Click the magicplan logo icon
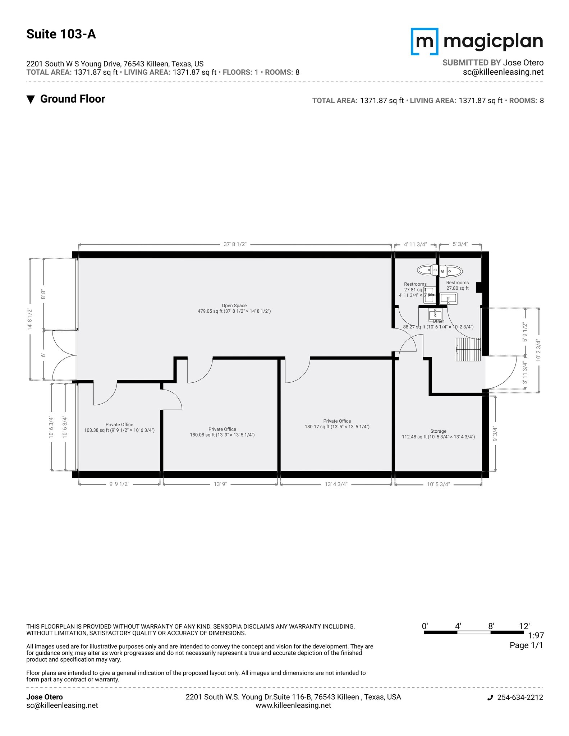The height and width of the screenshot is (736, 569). (425, 41)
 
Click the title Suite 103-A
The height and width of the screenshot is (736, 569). (61, 34)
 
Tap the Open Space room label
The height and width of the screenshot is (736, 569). (234, 308)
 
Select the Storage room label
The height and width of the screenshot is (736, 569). (438, 434)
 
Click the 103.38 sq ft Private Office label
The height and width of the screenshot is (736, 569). (119, 427)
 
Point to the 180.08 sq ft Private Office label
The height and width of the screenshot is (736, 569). (222, 432)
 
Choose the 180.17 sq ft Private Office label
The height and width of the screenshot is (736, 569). (337, 424)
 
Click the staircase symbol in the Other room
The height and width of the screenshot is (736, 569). (468, 349)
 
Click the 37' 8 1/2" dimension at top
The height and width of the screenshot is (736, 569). (235, 244)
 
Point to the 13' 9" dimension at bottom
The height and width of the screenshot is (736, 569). (220, 484)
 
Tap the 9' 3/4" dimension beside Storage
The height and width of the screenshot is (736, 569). (495, 434)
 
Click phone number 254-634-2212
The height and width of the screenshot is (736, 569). (520, 698)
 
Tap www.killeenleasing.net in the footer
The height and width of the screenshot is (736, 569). (293, 705)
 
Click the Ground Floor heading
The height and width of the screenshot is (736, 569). (72, 99)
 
